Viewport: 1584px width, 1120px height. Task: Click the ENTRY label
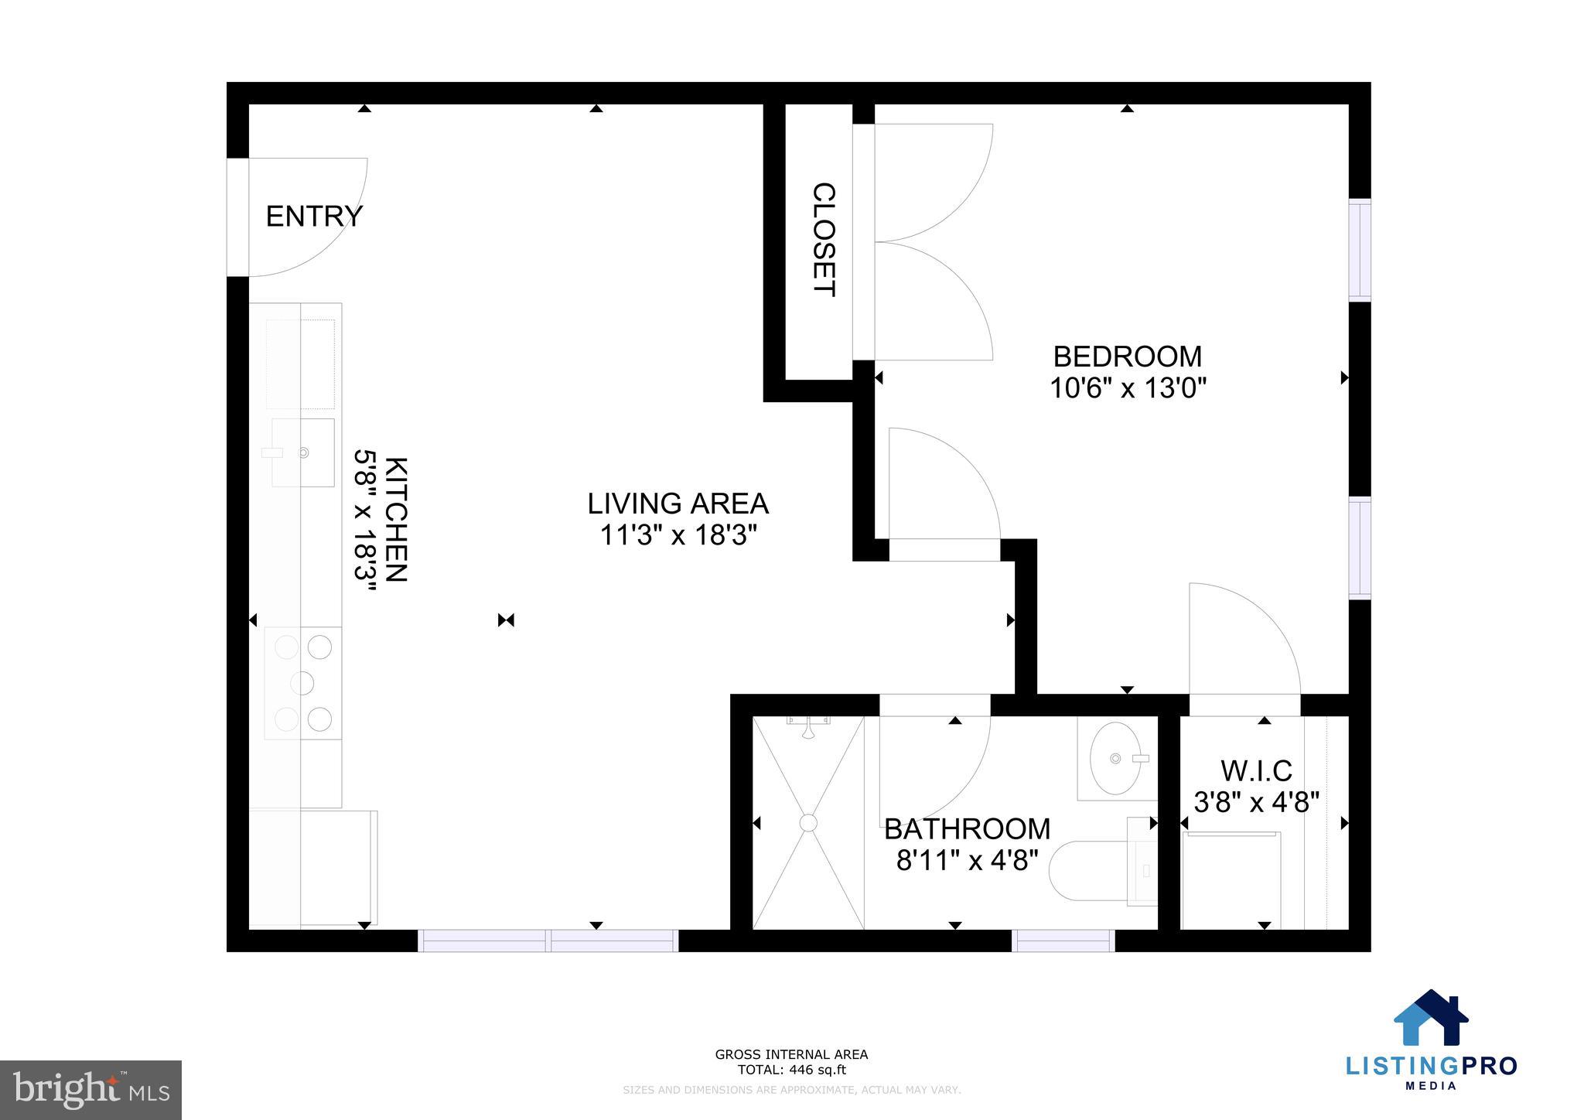pyautogui.click(x=313, y=217)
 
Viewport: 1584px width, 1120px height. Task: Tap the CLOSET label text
pyautogui.click(x=824, y=240)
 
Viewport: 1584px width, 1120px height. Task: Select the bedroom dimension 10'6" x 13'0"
pyautogui.click(x=1128, y=388)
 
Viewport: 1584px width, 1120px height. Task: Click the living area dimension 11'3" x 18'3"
pyautogui.click(x=678, y=534)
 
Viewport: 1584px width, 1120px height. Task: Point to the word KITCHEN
pyautogui.click(x=395, y=519)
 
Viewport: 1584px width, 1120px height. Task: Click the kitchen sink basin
pyautogui.click(x=303, y=452)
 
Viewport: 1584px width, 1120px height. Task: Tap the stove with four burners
pyautogui.click(x=303, y=683)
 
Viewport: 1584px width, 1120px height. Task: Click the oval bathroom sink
pyautogui.click(x=1115, y=759)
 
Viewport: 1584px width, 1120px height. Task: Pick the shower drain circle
pyautogui.click(x=808, y=822)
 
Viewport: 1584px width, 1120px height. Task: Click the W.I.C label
pyautogui.click(x=1256, y=771)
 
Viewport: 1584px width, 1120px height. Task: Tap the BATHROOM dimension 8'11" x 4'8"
pyautogui.click(x=967, y=860)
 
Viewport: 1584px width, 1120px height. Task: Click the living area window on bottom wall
pyautogui.click(x=548, y=941)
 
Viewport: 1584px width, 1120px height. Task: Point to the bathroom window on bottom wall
pyautogui.click(x=1063, y=941)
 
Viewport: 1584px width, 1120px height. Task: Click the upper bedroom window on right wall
pyautogui.click(x=1360, y=250)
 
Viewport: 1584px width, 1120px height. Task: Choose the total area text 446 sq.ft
pyautogui.click(x=791, y=1070)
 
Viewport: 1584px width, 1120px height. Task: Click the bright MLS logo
pyautogui.click(x=90, y=1090)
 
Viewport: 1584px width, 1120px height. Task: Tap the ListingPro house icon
pyautogui.click(x=1430, y=1019)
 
